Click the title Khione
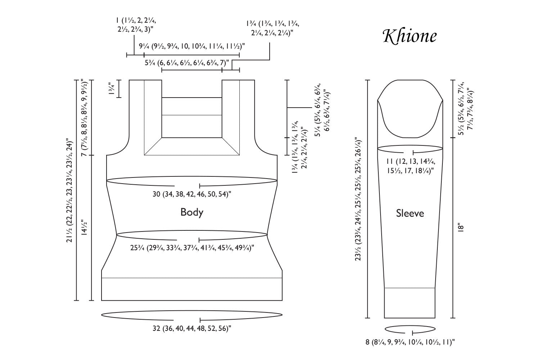(410, 36)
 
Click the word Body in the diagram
(192, 212)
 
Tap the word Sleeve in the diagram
(410, 213)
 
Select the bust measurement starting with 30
(192, 194)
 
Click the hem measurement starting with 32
(192, 329)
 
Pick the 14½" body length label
(85, 228)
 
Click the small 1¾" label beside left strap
(112, 89)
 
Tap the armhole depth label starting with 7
(85, 117)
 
